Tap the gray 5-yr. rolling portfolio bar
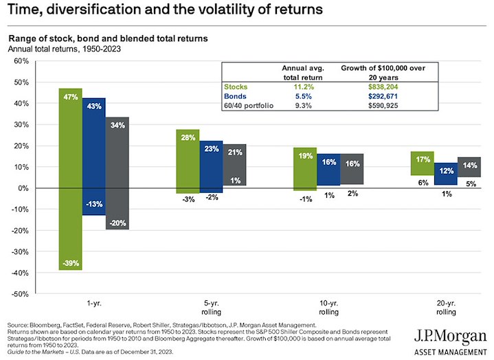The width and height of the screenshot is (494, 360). (x=235, y=165)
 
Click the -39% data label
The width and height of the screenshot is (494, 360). (x=70, y=263)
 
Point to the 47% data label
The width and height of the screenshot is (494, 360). (x=70, y=98)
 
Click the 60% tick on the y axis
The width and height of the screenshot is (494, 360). (x=21, y=61)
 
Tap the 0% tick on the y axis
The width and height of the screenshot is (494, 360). (x=22, y=188)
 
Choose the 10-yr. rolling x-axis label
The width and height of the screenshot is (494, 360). (x=329, y=307)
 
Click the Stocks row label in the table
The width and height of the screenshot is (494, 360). (x=234, y=87)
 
